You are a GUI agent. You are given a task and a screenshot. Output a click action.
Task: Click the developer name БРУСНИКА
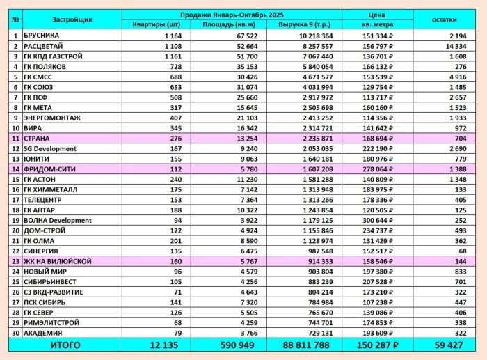tap(42, 35)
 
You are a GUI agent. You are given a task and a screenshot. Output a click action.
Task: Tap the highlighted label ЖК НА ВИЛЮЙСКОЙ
tap(57, 261)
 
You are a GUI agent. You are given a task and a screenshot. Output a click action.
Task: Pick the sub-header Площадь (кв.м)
tap(223, 25)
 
